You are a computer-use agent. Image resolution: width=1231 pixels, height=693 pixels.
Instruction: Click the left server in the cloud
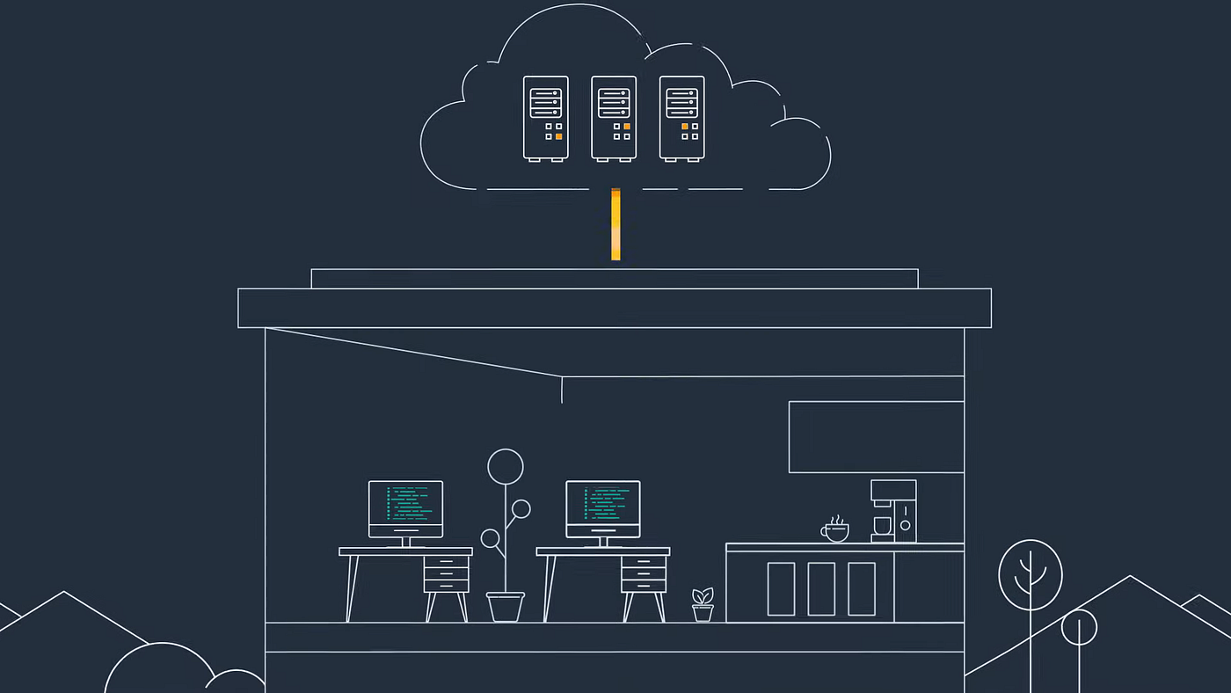tap(545, 118)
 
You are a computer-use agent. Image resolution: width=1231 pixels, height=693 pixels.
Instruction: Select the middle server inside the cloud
tap(614, 118)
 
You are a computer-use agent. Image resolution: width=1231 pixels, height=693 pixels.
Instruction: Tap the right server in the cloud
tap(681, 118)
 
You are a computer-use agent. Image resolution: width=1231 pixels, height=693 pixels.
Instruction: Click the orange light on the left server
tap(558, 136)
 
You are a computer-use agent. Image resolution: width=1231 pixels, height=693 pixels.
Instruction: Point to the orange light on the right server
tap(685, 127)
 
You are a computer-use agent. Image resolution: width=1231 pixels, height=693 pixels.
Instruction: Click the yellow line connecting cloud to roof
tap(615, 225)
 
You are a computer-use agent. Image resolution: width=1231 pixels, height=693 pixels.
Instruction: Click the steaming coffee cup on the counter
tap(835, 531)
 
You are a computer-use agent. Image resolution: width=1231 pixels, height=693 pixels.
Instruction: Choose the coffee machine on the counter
tap(893, 511)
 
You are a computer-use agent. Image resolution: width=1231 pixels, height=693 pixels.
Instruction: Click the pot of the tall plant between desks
tap(506, 607)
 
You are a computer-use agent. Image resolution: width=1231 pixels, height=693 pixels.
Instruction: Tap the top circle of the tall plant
tap(506, 466)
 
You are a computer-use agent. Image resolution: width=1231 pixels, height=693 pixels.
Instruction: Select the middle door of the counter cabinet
tap(821, 588)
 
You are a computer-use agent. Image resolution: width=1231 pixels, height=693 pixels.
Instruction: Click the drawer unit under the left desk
tap(446, 574)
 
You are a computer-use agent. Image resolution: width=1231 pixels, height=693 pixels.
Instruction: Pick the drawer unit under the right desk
tap(643, 574)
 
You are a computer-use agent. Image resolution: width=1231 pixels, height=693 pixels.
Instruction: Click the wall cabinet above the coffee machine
tap(876, 437)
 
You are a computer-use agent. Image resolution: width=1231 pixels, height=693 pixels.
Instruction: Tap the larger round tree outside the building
tap(1031, 575)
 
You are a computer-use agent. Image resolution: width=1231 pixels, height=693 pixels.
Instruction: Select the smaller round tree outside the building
tap(1079, 627)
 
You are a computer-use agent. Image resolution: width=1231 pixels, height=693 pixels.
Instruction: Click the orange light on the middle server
tap(627, 127)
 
